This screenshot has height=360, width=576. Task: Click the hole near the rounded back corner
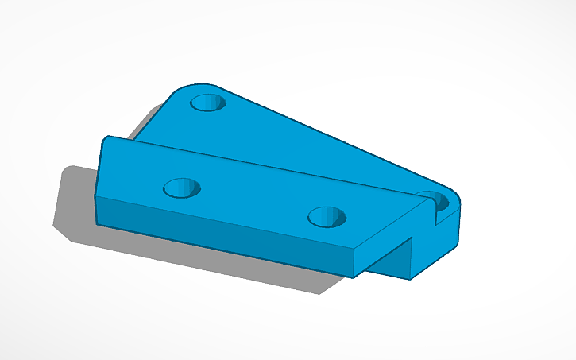click(208, 103)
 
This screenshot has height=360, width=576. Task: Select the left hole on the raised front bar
click(181, 188)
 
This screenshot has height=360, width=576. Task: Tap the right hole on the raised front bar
click(327, 215)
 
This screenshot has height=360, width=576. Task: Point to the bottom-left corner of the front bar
click(97, 223)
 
